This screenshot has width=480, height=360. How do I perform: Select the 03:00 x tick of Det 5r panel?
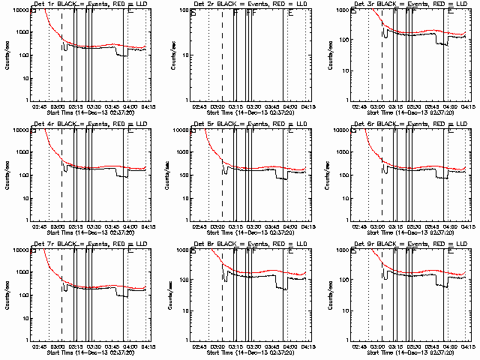(219, 226)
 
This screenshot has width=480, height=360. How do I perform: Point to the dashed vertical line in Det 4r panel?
(61, 180)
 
